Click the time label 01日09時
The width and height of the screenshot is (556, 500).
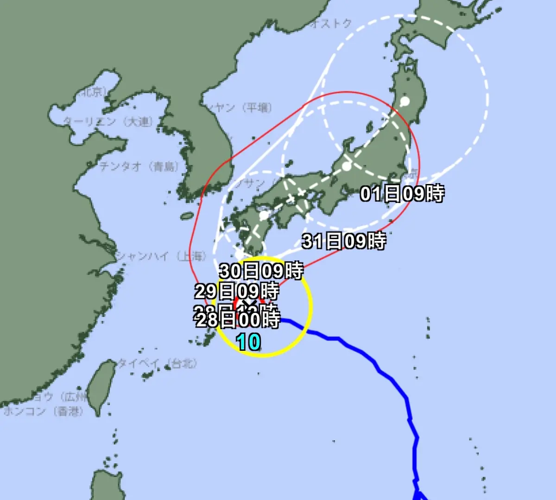click(402, 193)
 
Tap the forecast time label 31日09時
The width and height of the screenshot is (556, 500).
click(344, 241)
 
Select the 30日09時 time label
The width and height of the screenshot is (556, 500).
click(261, 271)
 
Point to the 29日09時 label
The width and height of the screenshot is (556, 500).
click(236, 291)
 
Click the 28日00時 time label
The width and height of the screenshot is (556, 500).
click(238, 319)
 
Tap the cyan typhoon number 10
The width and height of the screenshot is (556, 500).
click(249, 343)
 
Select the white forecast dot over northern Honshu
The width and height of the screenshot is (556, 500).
click(405, 101)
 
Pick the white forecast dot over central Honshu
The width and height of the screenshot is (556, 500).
click(347, 166)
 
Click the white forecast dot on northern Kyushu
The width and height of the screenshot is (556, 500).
click(264, 215)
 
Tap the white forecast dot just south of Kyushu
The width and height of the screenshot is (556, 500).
click(239, 254)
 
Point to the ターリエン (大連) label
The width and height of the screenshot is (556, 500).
click(108, 122)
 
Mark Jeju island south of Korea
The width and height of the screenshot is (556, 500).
click(187, 216)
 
